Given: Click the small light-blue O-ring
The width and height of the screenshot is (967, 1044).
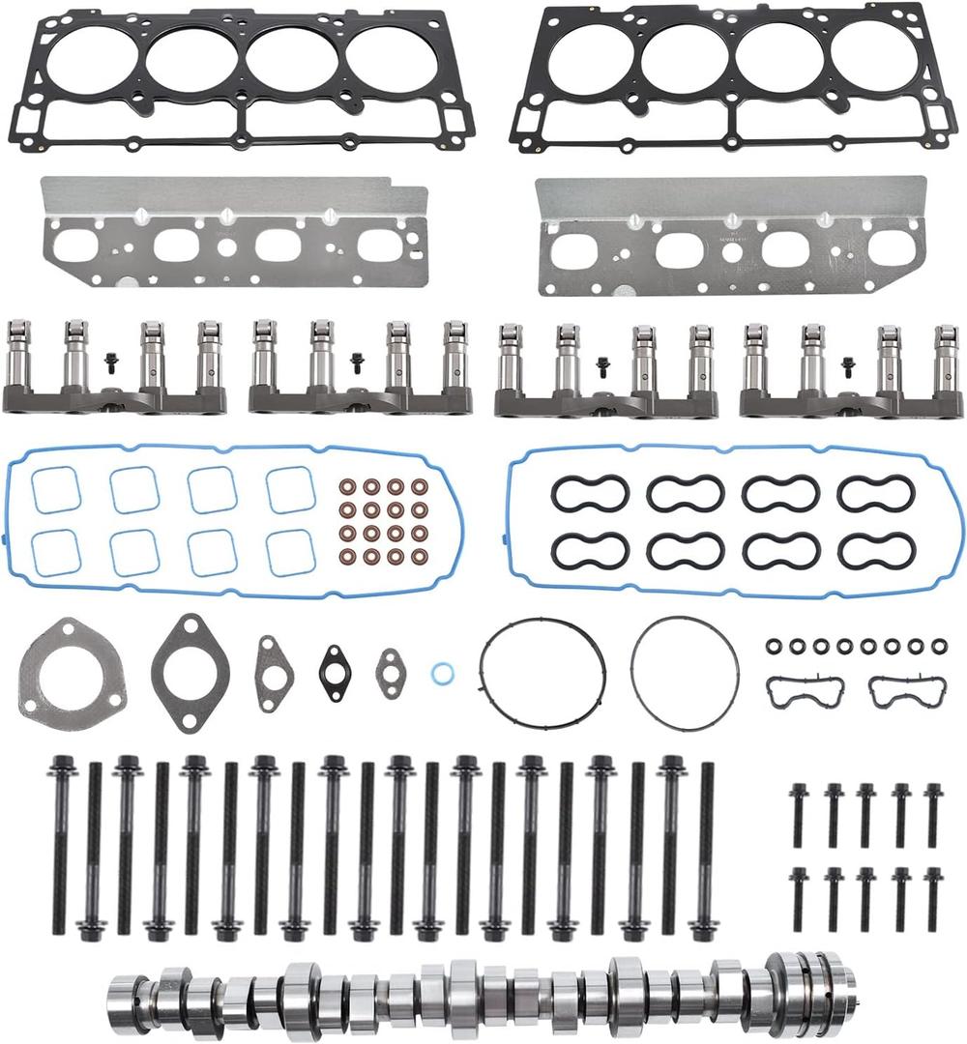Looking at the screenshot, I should (x=442, y=671).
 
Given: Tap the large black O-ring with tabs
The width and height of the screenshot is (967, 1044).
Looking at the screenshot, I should (x=542, y=667).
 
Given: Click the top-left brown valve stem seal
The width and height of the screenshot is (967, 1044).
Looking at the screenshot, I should (x=345, y=485).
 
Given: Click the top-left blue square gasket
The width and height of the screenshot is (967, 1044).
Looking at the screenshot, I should (x=55, y=490).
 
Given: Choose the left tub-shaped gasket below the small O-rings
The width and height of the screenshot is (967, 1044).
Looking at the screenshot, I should (x=805, y=691).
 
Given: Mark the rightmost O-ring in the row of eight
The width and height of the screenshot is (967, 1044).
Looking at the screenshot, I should (x=940, y=645).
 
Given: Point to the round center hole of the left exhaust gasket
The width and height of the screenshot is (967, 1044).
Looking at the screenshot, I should (x=225, y=246).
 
